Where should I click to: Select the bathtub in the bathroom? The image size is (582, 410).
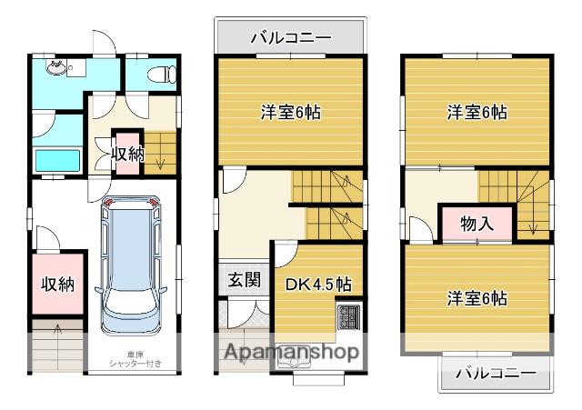tap(58, 160)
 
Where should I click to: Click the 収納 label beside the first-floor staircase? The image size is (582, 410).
tap(127, 153)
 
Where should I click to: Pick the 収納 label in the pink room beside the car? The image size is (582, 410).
tap(57, 284)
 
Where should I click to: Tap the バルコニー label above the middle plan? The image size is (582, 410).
tap(290, 38)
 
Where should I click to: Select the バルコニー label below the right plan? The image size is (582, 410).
tap(495, 373)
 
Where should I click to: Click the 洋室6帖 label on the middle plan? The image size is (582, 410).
tap(291, 114)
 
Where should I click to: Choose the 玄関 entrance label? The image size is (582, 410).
tap(240, 279)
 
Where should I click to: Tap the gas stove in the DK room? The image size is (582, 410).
tap(349, 319)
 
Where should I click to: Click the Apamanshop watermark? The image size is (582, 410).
tap(290, 351)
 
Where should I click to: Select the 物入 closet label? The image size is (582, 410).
tap(477, 224)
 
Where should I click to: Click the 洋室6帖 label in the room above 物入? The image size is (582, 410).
tap(477, 114)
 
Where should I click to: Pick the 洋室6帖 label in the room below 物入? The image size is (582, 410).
tap(477, 298)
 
